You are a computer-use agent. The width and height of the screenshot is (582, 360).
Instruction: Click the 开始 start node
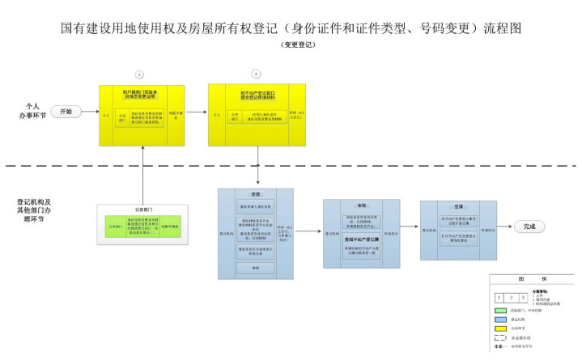click(66, 112)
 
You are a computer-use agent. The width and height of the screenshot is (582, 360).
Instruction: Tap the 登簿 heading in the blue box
click(459, 207)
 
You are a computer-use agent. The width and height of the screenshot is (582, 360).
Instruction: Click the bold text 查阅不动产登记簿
click(362, 239)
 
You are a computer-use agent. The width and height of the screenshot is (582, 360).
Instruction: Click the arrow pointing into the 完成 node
click(505, 227)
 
